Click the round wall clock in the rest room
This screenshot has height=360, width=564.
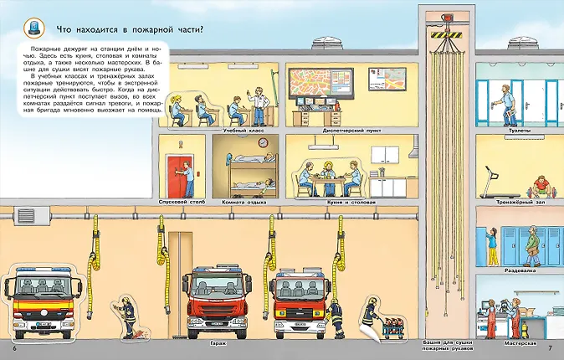(x=262, y=142)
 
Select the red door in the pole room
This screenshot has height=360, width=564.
(x=177, y=174)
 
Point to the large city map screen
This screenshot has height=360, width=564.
(x=315, y=82)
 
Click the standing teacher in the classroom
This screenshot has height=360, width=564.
(x=262, y=104)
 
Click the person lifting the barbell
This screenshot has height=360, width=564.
(x=538, y=179)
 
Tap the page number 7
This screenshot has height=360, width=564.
(x=550, y=347)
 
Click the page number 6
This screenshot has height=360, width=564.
(x=14, y=347)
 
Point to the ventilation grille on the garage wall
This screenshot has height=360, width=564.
(x=28, y=216)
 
